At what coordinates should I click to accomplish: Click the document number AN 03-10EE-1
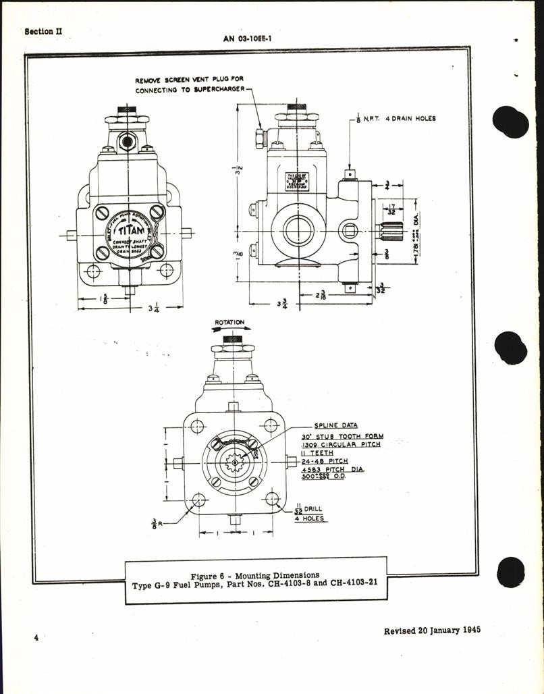coord(252,38)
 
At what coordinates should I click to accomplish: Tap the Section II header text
coord(43,31)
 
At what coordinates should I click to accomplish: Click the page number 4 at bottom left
coord(35,638)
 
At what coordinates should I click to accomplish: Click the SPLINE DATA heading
coord(335,426)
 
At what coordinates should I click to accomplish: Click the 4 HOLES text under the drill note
coord(310,518)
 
